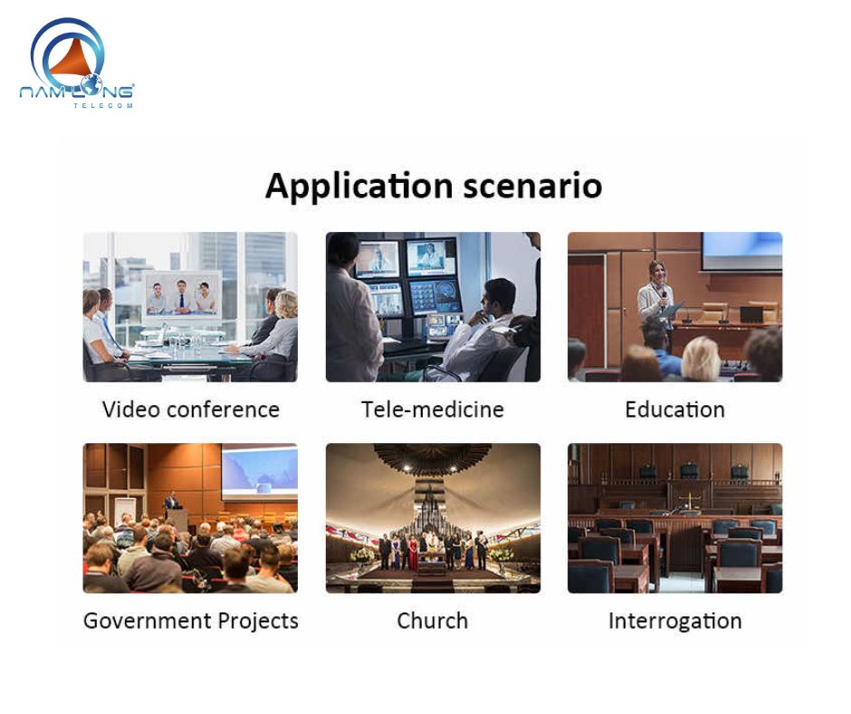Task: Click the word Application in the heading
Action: coord(359,187)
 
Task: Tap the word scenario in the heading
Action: coord(532,187)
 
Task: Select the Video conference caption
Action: coord(190,410)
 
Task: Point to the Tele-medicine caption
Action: coord(433,410)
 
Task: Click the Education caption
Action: coord(674,410)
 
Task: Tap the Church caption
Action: coord(433,621)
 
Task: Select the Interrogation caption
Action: coord(674,621)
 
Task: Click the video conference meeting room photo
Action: coord(190,307)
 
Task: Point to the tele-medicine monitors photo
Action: coord(433,307)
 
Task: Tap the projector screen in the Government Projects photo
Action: coord(260,471)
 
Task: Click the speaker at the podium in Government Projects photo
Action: coord(171,503)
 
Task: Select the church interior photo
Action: coord(433,518)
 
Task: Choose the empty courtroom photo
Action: coord(674,518)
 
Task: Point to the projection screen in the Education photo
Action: coord(741,251)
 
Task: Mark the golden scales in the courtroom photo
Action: coord(692,500)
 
